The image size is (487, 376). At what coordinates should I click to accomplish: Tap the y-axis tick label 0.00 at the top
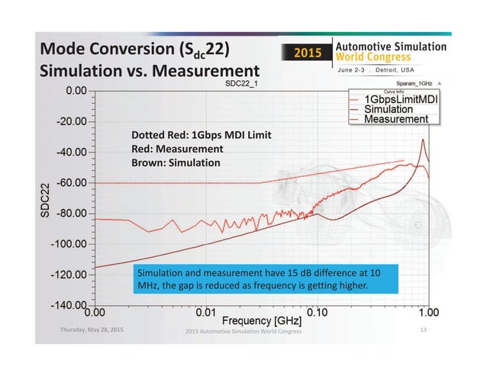(x=75, y=91)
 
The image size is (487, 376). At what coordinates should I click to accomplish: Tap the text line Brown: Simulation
(x=176, y=163)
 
